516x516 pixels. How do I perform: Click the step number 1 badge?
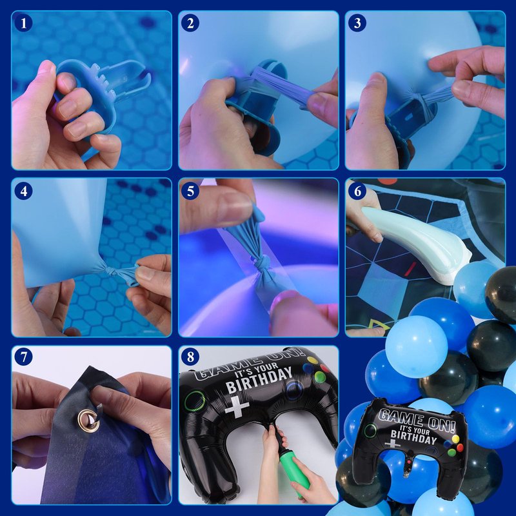point(23,23)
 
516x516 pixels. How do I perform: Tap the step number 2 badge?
point(190,23)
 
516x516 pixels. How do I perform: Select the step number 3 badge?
point(357,23)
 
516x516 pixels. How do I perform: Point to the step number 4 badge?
point(23,191)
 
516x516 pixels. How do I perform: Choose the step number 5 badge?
point(190,191)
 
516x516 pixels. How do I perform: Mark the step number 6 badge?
point(357,191)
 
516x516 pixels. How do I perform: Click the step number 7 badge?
point(23,357)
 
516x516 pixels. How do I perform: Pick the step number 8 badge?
point(190,357)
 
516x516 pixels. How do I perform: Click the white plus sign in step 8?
point(237,407)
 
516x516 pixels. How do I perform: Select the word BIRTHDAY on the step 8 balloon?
point(259,379)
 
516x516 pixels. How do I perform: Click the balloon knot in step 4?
point(110,272)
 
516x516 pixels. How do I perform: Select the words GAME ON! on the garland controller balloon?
point(417,421)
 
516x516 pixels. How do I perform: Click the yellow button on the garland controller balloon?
point(455,439)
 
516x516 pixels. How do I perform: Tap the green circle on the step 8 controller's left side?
point(195,401)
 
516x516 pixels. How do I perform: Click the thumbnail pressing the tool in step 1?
point(46,68)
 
